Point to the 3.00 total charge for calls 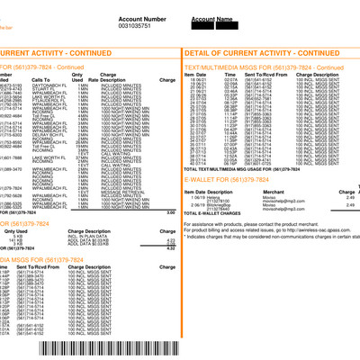coord(170,211)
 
